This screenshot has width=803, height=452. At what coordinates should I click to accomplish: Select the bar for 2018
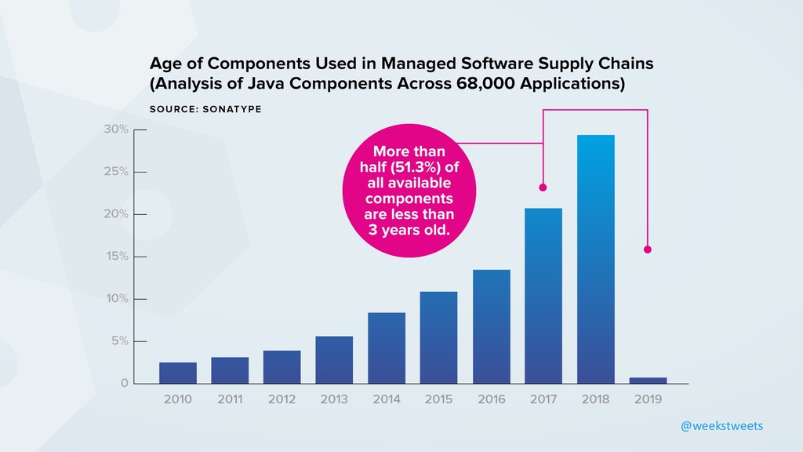pos(595,259)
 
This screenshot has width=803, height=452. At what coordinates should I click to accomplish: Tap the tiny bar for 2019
pos(647,381)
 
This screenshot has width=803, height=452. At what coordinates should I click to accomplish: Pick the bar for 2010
pos(177,373)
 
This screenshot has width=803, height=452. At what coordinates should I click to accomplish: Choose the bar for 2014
pos(387,348)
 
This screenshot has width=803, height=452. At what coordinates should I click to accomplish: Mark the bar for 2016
pos(491,326)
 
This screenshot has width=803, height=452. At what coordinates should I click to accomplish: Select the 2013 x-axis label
pos(334,399)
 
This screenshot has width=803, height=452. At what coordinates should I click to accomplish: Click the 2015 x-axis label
pos(438,399)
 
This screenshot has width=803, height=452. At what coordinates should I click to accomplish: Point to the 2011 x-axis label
pos(230,399)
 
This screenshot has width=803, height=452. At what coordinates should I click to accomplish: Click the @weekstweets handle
pos(721,425)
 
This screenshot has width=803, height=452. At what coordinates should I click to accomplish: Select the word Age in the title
pos(166,63)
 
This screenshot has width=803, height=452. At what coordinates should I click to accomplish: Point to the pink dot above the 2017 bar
pos(543,188)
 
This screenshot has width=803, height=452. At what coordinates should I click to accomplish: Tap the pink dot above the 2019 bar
pos(647,250)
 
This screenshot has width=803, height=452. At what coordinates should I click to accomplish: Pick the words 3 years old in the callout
pos(409,231)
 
